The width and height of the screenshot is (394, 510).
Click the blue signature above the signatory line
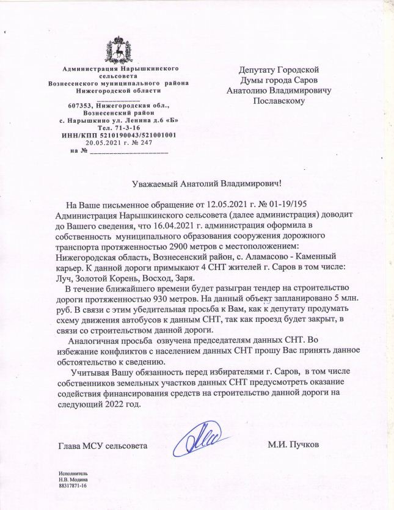pyautogui.click(x=204, y=439)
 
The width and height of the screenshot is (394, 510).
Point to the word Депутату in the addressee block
pyautogui.click(x=260, y=70)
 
